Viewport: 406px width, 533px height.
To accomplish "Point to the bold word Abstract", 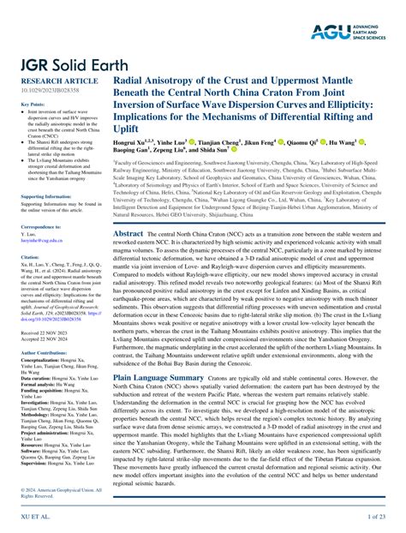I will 128,233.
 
